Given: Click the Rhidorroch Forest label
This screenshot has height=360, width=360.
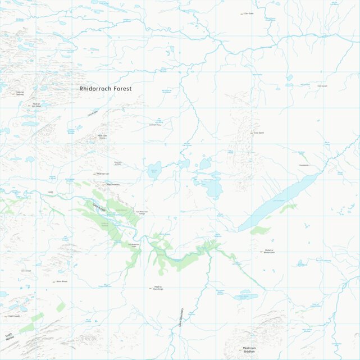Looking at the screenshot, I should tap(106, 89).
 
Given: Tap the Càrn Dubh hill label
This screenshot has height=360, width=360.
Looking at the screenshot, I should tap(248, 13).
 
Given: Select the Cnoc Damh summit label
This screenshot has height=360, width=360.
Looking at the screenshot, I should tap(258, 133).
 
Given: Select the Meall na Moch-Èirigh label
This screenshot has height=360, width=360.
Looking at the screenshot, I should tap(157, 289).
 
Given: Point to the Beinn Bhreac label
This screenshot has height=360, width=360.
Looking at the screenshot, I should tap(62, 281).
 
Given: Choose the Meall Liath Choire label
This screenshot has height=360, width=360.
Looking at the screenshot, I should tap(102, 136).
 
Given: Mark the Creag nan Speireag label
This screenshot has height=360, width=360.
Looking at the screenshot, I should tap(20, 93).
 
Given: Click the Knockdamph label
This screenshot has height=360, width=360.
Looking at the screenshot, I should tap(304, 165).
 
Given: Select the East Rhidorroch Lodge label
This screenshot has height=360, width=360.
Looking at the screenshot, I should tap(142, 212).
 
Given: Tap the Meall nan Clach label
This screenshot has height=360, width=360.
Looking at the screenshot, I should tap(103, 174).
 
